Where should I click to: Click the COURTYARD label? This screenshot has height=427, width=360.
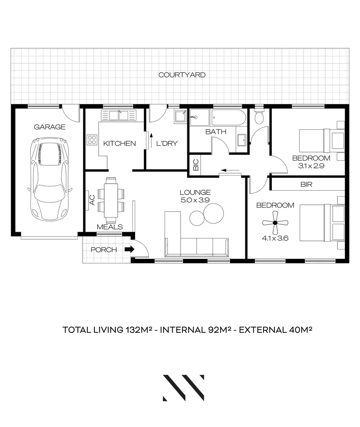182,75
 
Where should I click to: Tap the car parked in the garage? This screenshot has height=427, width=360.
51,179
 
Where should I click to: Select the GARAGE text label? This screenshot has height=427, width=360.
49,127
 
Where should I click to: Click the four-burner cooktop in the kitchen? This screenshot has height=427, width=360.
92,140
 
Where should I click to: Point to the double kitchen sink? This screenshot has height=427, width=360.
118,115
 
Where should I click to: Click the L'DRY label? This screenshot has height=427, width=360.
166,144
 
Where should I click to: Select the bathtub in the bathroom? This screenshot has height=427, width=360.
229,117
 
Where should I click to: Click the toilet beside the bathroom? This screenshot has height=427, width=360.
260,117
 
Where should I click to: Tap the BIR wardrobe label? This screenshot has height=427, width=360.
307,184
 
